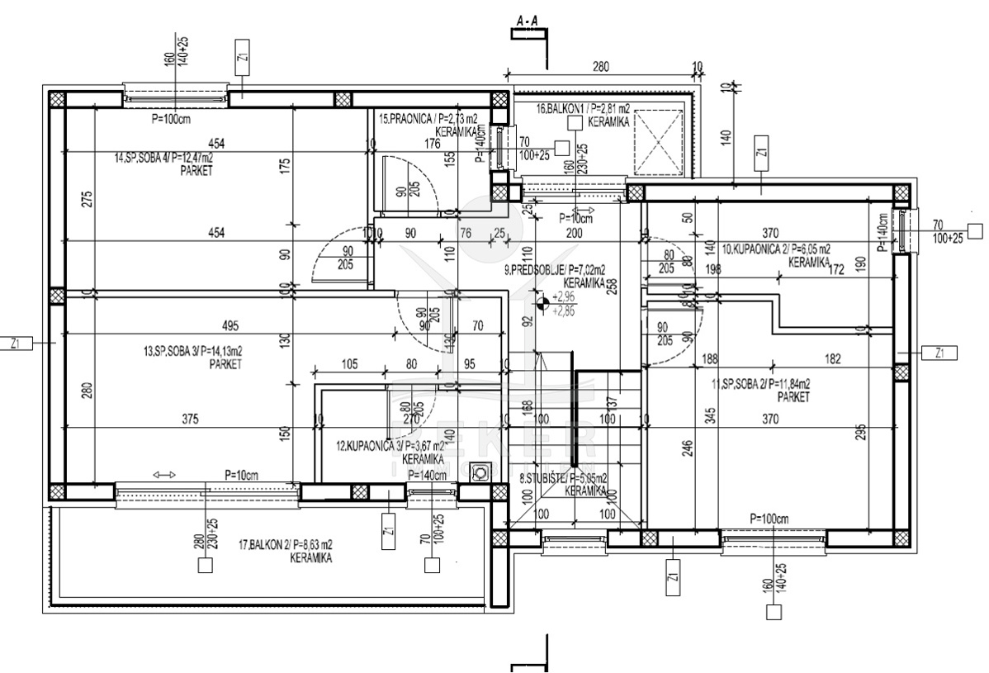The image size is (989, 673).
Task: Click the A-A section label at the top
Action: (x=528, y=19)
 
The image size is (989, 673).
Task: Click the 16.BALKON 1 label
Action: (x=583, y=108)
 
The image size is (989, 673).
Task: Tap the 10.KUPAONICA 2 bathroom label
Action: (x=776, y=248)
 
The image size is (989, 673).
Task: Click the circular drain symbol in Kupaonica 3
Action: (x=480, y=472)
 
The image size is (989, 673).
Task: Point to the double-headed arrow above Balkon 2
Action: (x=164, y=475)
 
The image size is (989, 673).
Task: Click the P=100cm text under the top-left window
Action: (x=171, y=119)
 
